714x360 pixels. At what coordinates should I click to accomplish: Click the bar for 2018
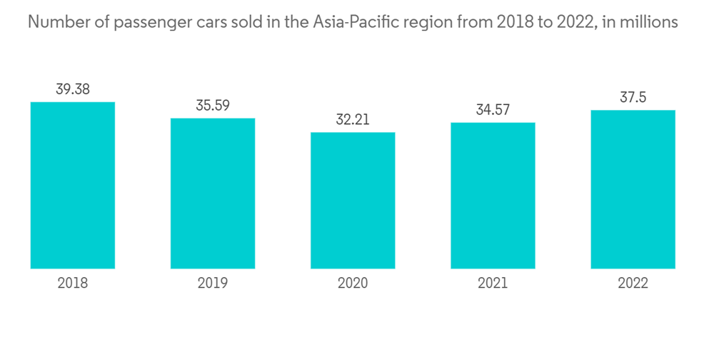coord(73,185)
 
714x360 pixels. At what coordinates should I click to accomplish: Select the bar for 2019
coord(213,193)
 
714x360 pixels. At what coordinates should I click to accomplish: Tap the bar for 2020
coord(353,200)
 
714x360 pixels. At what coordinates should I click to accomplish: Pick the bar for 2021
coord(493,195)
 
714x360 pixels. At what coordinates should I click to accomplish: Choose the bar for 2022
coord(633,189)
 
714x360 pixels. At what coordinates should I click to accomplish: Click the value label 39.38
coord(73,89)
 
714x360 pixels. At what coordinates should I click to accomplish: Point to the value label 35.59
coord(213,105)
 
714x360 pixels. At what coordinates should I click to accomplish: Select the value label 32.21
coord(353,119)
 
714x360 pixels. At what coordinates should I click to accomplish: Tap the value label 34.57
coord(493,110)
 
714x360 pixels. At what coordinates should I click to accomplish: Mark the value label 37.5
coord(633,98)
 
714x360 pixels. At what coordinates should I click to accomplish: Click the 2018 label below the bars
coord(73,284)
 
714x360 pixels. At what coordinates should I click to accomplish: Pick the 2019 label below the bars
coord(213,284)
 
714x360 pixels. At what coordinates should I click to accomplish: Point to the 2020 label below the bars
coord(353,284)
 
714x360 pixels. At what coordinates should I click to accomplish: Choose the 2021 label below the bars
coord(493,284)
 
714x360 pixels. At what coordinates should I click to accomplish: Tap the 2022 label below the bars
coord(633,284)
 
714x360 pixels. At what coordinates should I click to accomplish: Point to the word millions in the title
coord(650,22)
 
